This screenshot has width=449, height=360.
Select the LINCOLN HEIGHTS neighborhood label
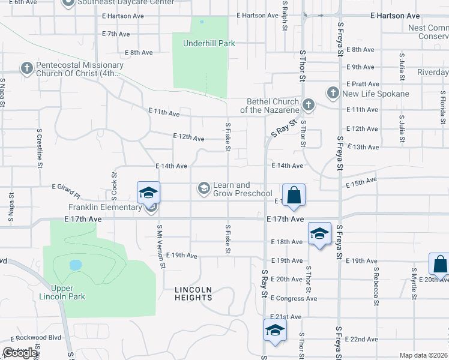click(193, 293)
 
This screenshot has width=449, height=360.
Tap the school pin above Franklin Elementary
click(148, 193)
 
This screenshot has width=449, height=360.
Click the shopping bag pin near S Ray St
click(294, 196)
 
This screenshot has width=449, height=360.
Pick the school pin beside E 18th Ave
click(319, 234)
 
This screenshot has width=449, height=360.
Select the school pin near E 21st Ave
click(275, 331)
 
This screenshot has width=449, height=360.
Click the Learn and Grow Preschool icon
click(203, 189)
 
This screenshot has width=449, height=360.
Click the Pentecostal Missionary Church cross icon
click(26, 68)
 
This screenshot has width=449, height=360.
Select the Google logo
click(20, 353)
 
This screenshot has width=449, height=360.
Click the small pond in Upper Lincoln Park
click(75, 265)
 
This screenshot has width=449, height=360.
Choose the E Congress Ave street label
click(294, 298)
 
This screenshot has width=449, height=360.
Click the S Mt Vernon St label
click(160, 245)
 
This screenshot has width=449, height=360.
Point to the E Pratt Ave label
click(363, 84)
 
